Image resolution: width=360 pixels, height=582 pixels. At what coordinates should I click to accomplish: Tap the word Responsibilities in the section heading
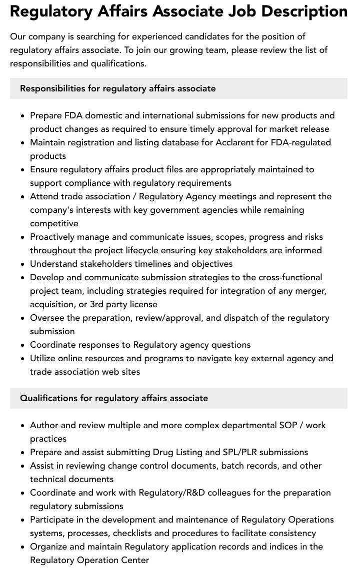coord(52,88)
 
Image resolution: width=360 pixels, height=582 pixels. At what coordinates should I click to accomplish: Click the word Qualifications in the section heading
coord(48,398)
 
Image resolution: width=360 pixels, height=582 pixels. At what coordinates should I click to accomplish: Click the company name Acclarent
coord(235,142)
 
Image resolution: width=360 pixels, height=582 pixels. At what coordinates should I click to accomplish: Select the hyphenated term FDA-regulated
coord(300,142)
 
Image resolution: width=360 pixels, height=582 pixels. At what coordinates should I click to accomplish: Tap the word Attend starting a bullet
coord(44,196)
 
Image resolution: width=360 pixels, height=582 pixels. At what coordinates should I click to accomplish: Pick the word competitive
coord(54,223)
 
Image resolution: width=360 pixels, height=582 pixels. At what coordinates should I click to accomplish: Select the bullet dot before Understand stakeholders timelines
coord(23,264)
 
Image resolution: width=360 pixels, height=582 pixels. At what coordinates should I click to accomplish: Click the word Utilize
coord(44,358)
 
